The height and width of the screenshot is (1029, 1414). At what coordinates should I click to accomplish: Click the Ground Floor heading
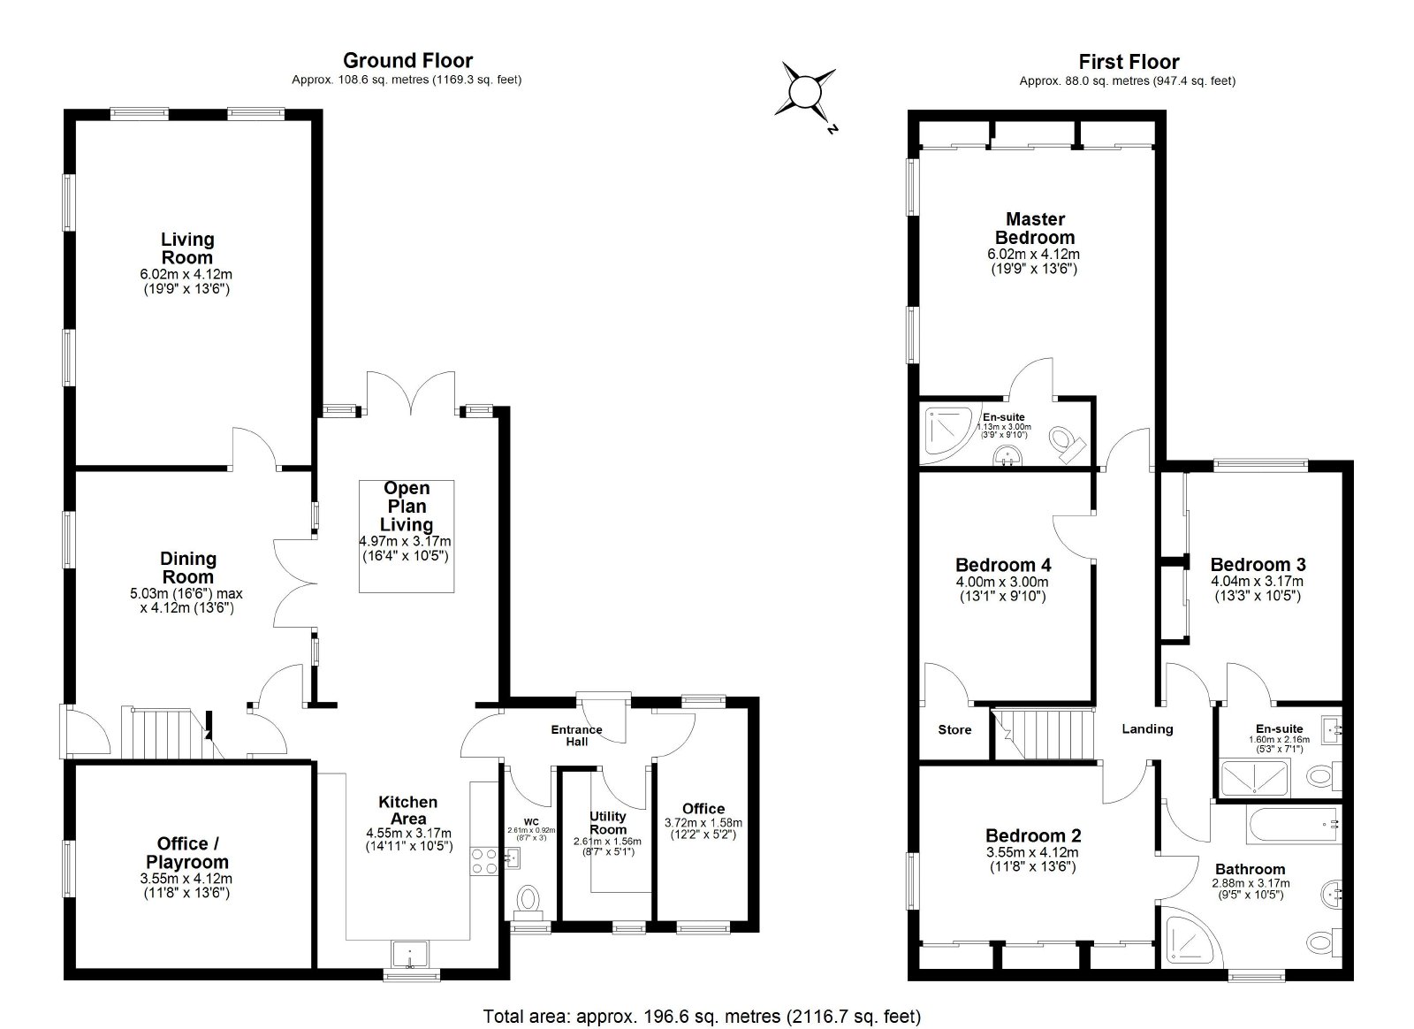tap(407, 61)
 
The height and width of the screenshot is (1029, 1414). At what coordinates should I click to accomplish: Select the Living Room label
tap(187, 248)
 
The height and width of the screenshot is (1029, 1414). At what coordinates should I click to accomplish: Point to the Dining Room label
tap(188, 568)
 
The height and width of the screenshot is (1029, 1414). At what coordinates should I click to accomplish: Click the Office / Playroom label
tap(186, 852)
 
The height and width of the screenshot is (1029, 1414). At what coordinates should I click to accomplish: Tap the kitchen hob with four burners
tap(484, 861)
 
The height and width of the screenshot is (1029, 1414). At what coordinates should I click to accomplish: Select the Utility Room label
tap(608, 822)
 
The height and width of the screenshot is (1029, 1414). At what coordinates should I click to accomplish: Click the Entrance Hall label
tap(576, 736)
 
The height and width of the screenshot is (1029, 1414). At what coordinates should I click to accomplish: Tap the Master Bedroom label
tap(1035, 228)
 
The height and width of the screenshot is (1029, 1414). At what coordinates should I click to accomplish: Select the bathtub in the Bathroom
tap(1294, 824)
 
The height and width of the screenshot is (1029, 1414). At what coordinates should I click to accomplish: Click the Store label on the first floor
tap(954, 730)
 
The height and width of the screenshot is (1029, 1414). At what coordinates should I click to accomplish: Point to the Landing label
tap(1147, 728)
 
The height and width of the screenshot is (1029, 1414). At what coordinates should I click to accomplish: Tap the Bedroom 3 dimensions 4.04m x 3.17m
tap(1258, 581)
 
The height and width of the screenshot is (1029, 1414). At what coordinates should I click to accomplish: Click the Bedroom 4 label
tap(1003, 564)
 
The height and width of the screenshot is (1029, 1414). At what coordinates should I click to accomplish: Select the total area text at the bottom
tap(702, 1017)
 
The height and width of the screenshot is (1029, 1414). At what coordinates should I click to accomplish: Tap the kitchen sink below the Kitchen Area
tap(410, 953)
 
